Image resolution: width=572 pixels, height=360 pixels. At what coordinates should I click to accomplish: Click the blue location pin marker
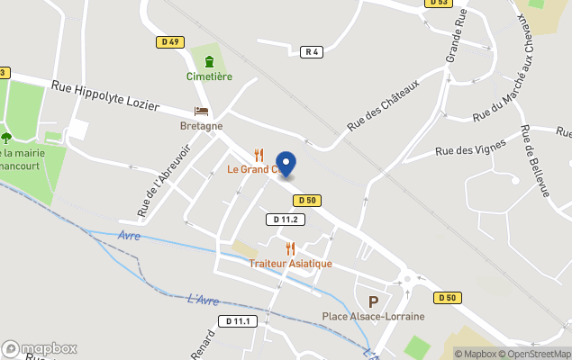pyautogui.click(x=285, y=164)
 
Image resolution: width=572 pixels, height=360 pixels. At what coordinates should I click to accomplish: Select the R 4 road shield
pyautogui.click(x=313, y=52)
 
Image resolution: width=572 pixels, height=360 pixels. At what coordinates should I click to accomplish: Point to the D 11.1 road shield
pyautogui.click(x=241, y=321)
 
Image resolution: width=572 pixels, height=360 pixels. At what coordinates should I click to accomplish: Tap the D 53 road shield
pyautogui.click(x=438, y=3)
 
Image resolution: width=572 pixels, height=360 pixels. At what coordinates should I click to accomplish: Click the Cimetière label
pyautogui.click(x=209, y=76)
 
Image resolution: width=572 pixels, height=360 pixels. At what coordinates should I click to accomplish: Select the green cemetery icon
pyautogui.click(x=209, y=61)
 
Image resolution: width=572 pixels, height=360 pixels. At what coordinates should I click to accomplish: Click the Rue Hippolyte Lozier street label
pyautogui.click(x=105, y=96)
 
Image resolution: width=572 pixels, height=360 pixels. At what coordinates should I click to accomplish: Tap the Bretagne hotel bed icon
pyautogui.click(x=201, y=112)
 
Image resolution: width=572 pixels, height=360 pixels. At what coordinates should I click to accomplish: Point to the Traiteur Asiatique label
pyautogui.click(x=290, y=264)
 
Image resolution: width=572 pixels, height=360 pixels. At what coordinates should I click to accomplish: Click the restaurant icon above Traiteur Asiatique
pyautogui.click(x=290, y=248)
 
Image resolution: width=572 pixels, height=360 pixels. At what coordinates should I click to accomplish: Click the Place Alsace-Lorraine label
pyautogui.click(x=374, y=316)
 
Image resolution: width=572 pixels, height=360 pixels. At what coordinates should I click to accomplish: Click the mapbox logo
pyautogui.click(x=40, y=348)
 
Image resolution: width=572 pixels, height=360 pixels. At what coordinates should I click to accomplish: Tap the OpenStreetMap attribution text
pyautogui.click(x=538, y=354)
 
